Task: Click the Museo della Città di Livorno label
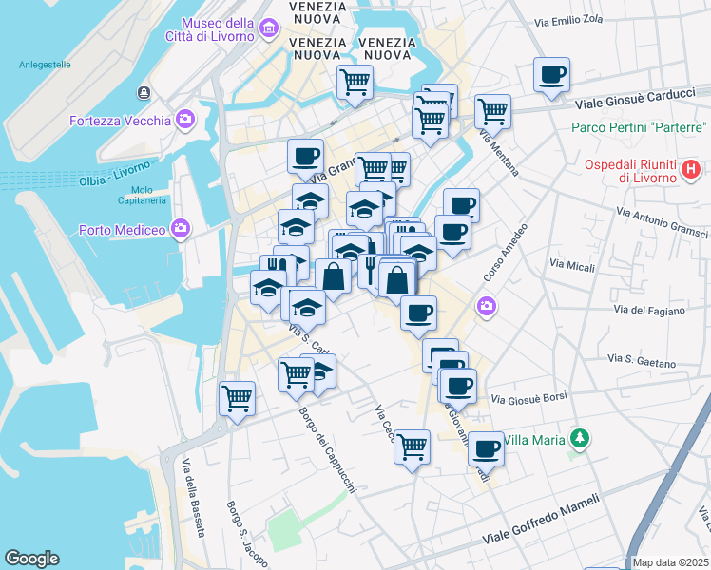coord(217,29)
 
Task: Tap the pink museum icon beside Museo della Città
coord(270,30)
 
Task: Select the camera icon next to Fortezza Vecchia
coord(184,120)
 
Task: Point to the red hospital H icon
coord(691,171)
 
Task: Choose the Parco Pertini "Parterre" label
coord(639,127)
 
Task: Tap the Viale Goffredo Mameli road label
coord(542,520)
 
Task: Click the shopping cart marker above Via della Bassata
coord(237,398)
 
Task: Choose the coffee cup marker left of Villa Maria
coord(486,447)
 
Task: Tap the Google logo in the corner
coord(31,559)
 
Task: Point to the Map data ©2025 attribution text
coord(670,562)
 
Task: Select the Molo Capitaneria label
coord(142,195)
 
